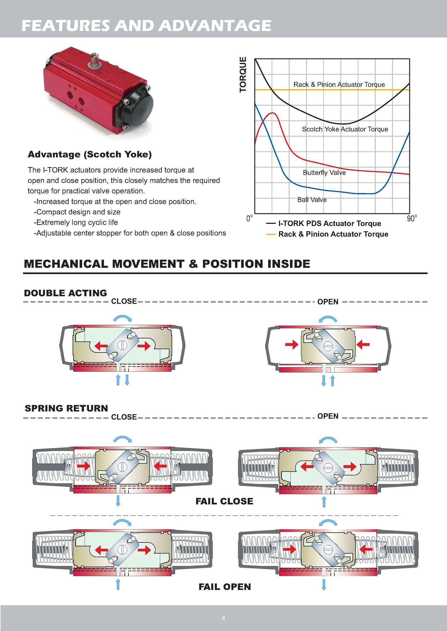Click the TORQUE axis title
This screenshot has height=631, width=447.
point(243,74)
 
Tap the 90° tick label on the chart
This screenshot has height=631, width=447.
point(412,218)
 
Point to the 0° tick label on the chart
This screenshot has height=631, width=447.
point(249,218)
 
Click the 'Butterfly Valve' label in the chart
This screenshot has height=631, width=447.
point(324,173)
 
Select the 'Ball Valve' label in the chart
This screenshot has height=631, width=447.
point(312,200)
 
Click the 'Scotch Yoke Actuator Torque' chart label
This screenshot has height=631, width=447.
point(345,129)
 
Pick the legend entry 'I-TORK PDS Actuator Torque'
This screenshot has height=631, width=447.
point(329,223)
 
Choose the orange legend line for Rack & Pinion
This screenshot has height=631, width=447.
point(271,234)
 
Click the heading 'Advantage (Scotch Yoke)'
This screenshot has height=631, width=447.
point(90,154)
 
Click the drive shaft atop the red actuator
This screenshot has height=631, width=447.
point(94,60)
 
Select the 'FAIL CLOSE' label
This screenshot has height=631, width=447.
point(224,501)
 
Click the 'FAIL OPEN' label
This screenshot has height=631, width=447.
point(225,587)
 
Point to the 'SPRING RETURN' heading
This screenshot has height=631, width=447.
point(66,408)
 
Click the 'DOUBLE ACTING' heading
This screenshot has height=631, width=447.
point(65,293)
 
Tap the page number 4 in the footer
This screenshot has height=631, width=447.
point(223,618)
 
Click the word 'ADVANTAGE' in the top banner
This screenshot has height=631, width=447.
point(215,26)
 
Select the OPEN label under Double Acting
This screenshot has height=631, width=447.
point(328,302)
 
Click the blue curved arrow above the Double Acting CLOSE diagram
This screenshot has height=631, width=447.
point(122,318)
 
